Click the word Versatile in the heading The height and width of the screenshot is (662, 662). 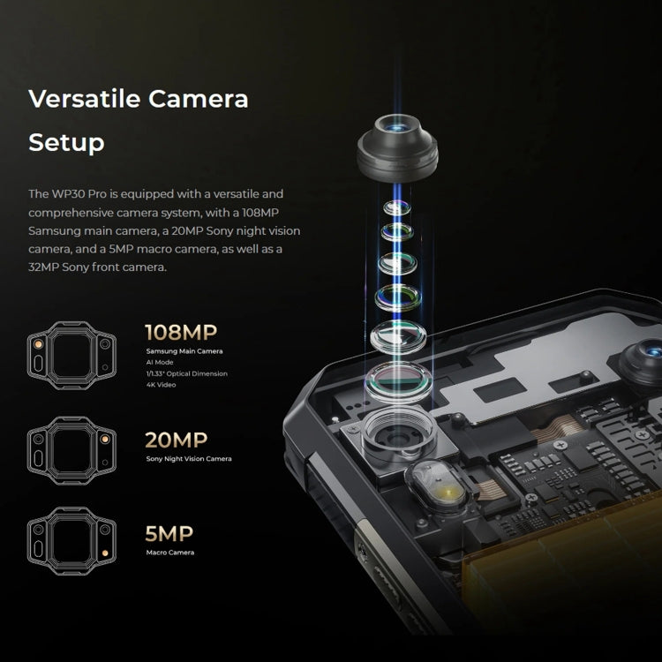82,98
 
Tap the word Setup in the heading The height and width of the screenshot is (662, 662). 66,142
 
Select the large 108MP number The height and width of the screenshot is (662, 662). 181,333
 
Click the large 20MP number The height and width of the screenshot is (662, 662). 177,440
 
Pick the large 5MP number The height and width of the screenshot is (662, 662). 169,533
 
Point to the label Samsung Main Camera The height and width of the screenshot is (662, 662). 184,351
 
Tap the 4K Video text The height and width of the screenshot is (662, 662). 161,385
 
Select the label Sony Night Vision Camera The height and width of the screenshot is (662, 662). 189,459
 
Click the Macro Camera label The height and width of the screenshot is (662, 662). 169,553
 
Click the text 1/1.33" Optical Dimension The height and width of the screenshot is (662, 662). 186,374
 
